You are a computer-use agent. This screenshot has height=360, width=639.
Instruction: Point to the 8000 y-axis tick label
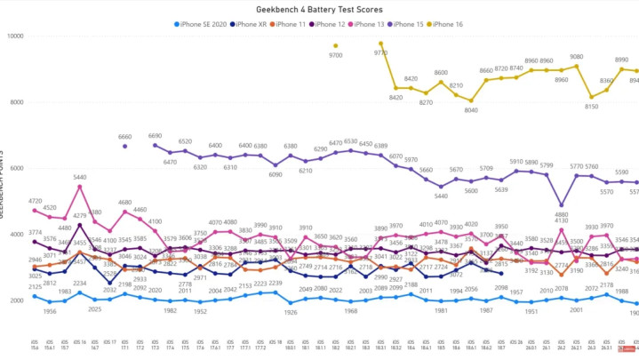pyautogui.click(x=15, y=102)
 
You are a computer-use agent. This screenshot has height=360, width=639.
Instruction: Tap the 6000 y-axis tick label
pyautogui.click(x=15, y=168)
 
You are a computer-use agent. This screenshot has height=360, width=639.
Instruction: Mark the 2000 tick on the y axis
pyautogui.click(x=15, y=300)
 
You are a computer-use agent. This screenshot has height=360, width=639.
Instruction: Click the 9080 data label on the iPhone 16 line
pyautogui.click(x=576, y=57)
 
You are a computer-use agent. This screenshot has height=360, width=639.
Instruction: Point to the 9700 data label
pyautogui.click(x=336, y=55)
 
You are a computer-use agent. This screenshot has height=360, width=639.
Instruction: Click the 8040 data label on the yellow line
pyautogui.click(x=471, y=111)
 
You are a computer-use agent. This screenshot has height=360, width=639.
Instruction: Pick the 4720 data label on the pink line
pyautogui.click(x=35, y=202)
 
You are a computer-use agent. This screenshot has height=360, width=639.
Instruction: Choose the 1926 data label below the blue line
pyautogui.click(x=291, y=312)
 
